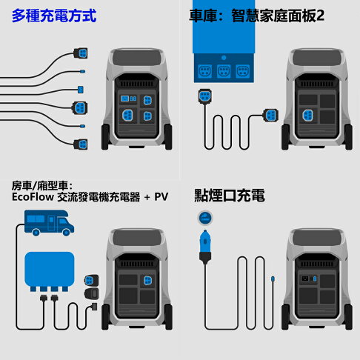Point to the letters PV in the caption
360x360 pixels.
pyautogui.click(x=161, y=197)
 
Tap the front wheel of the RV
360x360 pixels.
pyautogui.click(x=67, y=233)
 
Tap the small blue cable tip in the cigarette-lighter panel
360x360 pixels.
pyautogui.click(x=273, y=279)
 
